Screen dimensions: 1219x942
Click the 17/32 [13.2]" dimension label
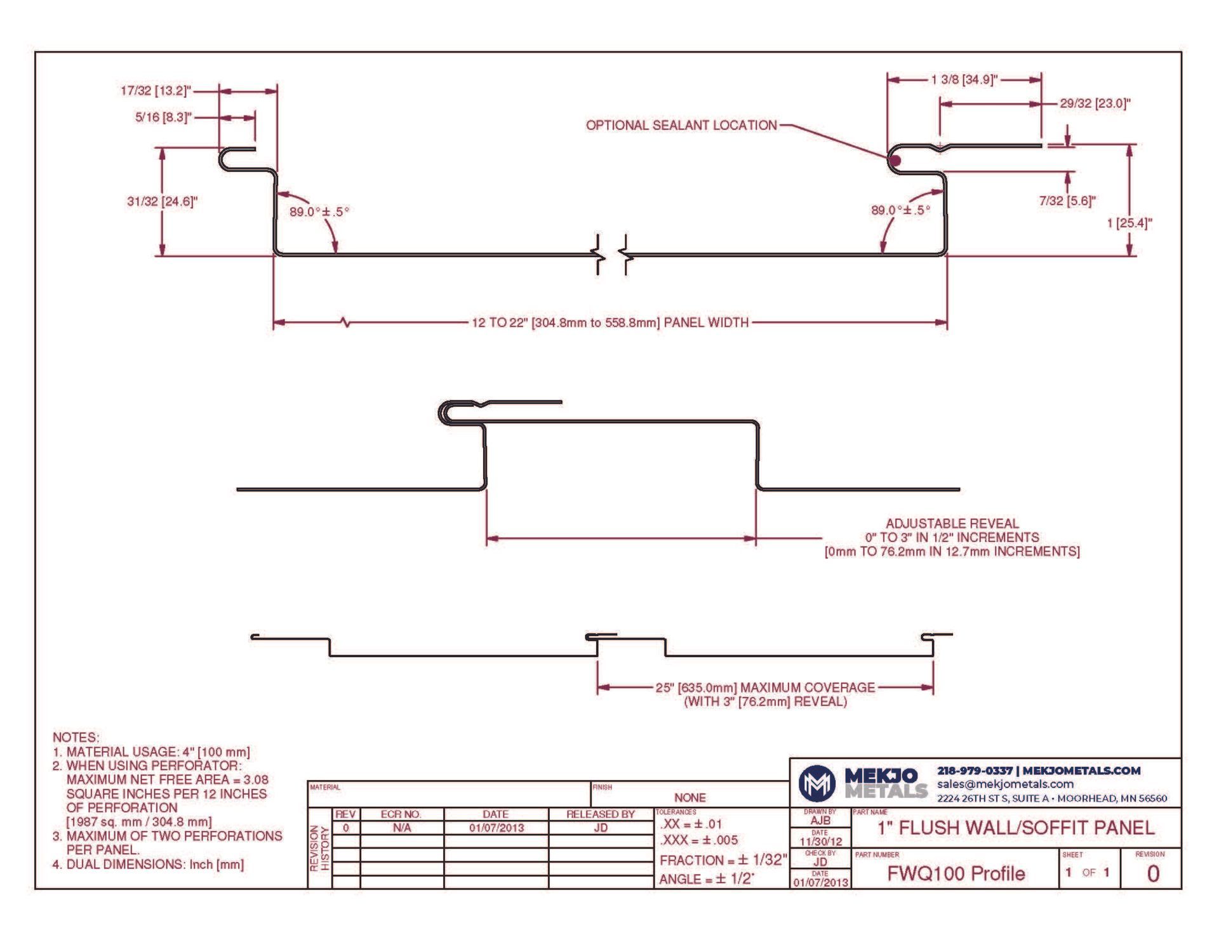(156, 91)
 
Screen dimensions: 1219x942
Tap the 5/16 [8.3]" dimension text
(163, 117)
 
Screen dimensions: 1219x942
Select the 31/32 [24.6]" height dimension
(163, 202)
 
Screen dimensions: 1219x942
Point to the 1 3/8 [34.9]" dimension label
(964, 79)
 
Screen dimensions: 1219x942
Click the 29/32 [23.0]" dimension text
(1095, 103)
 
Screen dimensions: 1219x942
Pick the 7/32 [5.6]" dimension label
(1067, 201)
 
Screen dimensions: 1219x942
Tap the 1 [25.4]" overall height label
(1129, 223)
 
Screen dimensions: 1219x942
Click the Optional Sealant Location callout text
(681, 125)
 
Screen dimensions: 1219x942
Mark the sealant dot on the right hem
(895, 160)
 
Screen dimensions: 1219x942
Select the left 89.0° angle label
(319, 211)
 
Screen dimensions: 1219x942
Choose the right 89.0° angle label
(900, 210)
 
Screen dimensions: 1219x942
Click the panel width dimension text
(610, 322)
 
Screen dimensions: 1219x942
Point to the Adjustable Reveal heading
(952, 524)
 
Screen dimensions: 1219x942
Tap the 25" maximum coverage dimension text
(766, 687)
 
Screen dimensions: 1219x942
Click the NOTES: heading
(76, 738)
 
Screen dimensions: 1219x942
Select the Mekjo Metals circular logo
(816, 783)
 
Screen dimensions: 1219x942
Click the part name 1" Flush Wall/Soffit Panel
(1016, 828)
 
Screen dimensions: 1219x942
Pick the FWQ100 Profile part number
(956, 874)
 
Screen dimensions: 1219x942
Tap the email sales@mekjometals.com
(1005, 785)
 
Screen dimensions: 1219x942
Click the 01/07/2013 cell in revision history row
(496, 828)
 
